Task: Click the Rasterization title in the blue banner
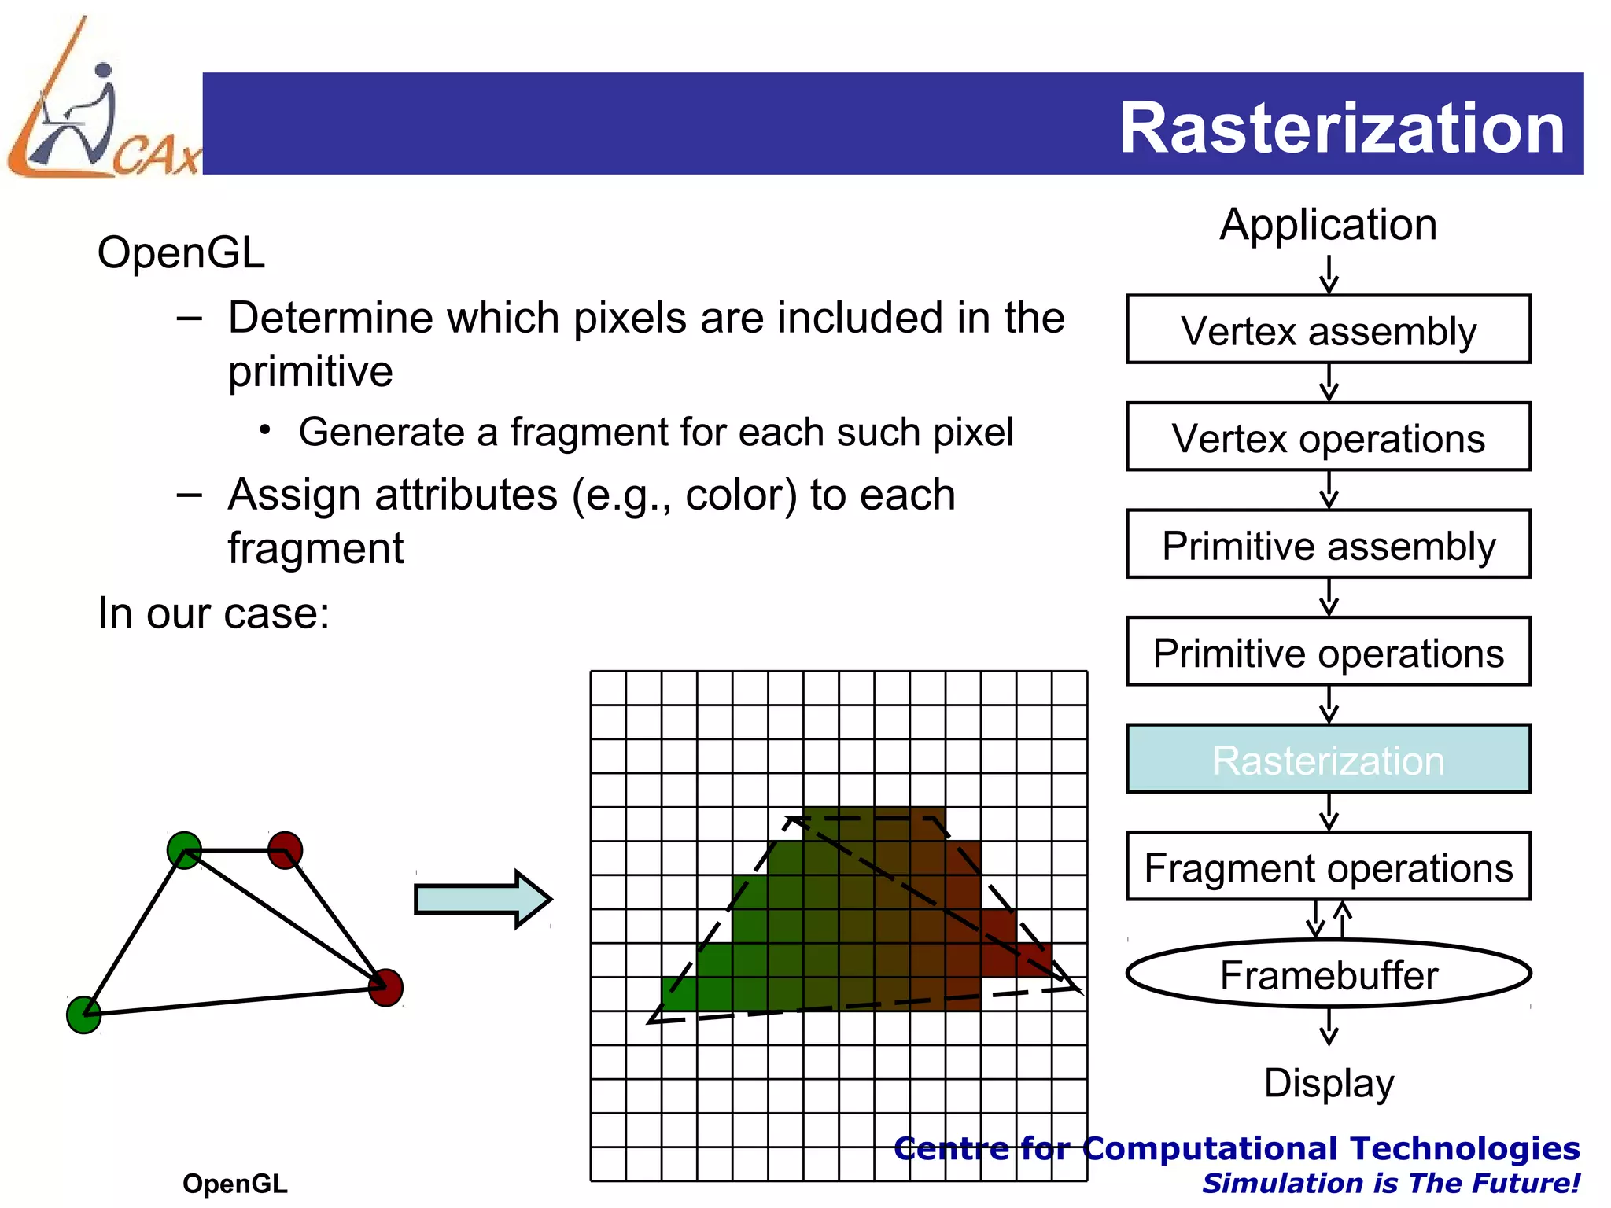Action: (1341, 128)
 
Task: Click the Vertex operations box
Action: (1328, 437)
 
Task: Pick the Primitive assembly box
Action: (1328, 545)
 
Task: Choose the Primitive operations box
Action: (1328, 652)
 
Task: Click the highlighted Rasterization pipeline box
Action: (1328, 760)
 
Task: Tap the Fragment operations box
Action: (1328, 867)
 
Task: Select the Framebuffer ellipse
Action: (1328, 974)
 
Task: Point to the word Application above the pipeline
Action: (1328, 225)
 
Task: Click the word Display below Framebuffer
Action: (1328, 1083)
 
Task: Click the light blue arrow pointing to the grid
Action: (482, 899)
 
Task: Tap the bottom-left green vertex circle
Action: (84, 1015)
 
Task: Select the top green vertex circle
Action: (185, 850)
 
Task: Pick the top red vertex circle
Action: (285, 850)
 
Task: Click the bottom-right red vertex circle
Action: (385, 988)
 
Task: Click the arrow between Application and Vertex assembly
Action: (1329, 274)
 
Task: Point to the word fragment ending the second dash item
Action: (315, 548)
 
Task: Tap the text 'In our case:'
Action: (213, 613)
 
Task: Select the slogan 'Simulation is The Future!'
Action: (1391, 1183)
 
